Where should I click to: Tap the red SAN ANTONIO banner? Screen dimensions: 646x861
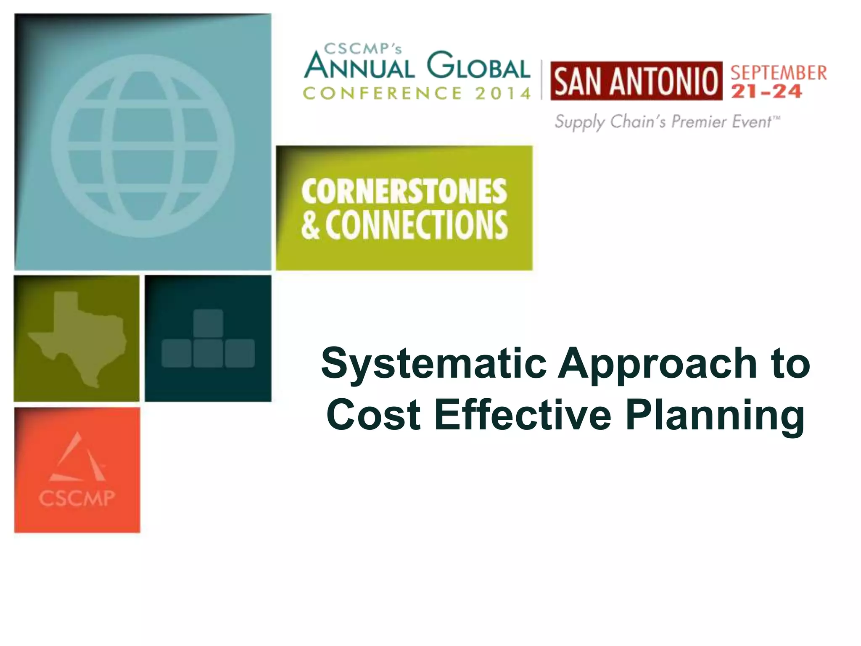pyautogui.click(x=636, y=81)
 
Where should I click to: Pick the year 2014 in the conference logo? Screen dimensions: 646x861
pyautogui.click(x=503, y=93)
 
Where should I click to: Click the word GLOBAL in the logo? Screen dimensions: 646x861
pyautogui.click(x=478, y=66)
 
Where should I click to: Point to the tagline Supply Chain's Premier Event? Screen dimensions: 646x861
pyautogui.click(x=667, y=122)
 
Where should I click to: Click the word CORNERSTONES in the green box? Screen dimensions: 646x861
pyautogui.click(x=404, y=191)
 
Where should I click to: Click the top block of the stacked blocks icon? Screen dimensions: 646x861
pyautogui.click(x=208, y=323)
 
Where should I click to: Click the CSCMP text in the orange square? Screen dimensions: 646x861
pyautogui.click(x=77, y=498)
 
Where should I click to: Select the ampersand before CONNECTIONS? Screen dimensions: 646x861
pyautogui.click(x=310, y=226)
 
